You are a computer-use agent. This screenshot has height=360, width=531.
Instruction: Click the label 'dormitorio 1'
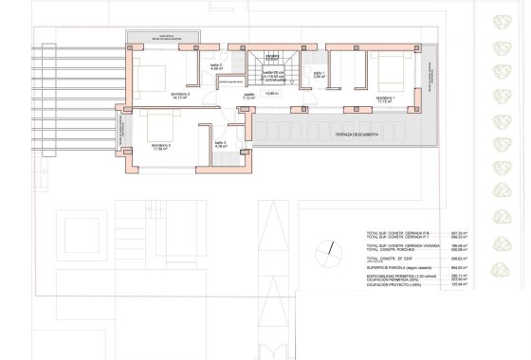coord(384,98)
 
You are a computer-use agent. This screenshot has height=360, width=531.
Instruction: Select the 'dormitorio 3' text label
coord(161,144)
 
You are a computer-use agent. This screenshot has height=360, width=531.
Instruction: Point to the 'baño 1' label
coord(319,74)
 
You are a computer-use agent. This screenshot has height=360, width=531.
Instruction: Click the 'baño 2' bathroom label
coord(215,65)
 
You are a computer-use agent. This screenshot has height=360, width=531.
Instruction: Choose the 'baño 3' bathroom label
coord(220,143)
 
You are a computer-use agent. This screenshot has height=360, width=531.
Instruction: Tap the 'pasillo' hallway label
coord(249,95)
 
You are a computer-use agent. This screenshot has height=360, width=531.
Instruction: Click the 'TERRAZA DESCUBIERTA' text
coord(357,135)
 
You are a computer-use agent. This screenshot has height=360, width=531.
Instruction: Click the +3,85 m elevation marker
coord(272,95)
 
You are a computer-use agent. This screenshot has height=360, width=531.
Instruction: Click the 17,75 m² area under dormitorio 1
coord(384,102)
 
